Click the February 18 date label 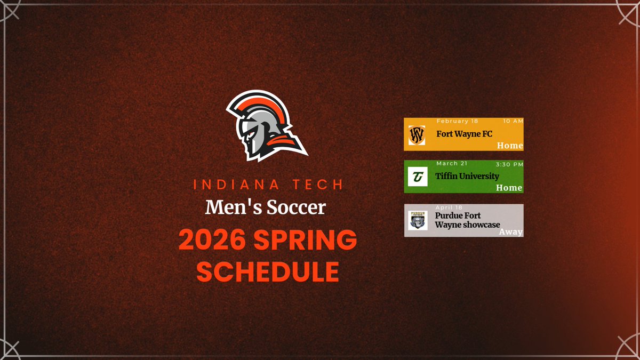coord(457,121)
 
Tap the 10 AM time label coord(513,121)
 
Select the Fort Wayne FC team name coord(464,134)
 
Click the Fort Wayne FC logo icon coord(417,134)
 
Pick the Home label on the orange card coord(509,146)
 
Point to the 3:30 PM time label coord(509,163)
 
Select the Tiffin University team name coord(467,176)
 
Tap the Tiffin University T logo coord(417,177)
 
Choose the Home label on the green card coord(509,188)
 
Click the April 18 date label coord(449,207)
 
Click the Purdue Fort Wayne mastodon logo coord(418,220)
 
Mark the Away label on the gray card coord(510,232)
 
